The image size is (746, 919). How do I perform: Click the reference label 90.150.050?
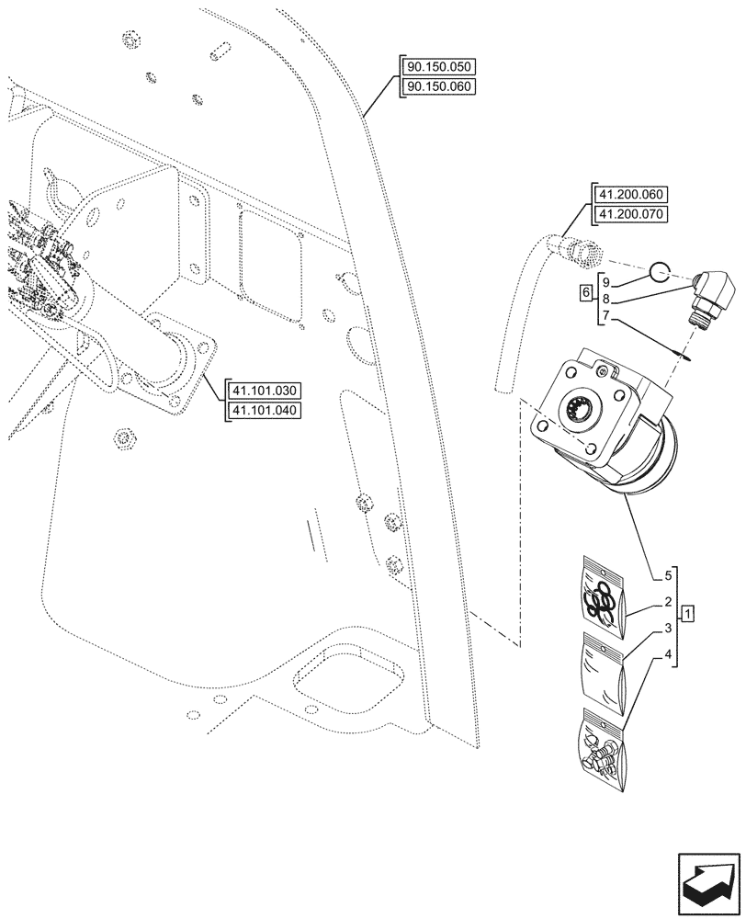440,68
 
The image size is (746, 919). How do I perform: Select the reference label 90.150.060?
440,86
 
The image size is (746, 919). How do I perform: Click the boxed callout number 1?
689,612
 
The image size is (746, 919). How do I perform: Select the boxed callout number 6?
586,293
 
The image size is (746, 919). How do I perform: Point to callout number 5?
667,576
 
